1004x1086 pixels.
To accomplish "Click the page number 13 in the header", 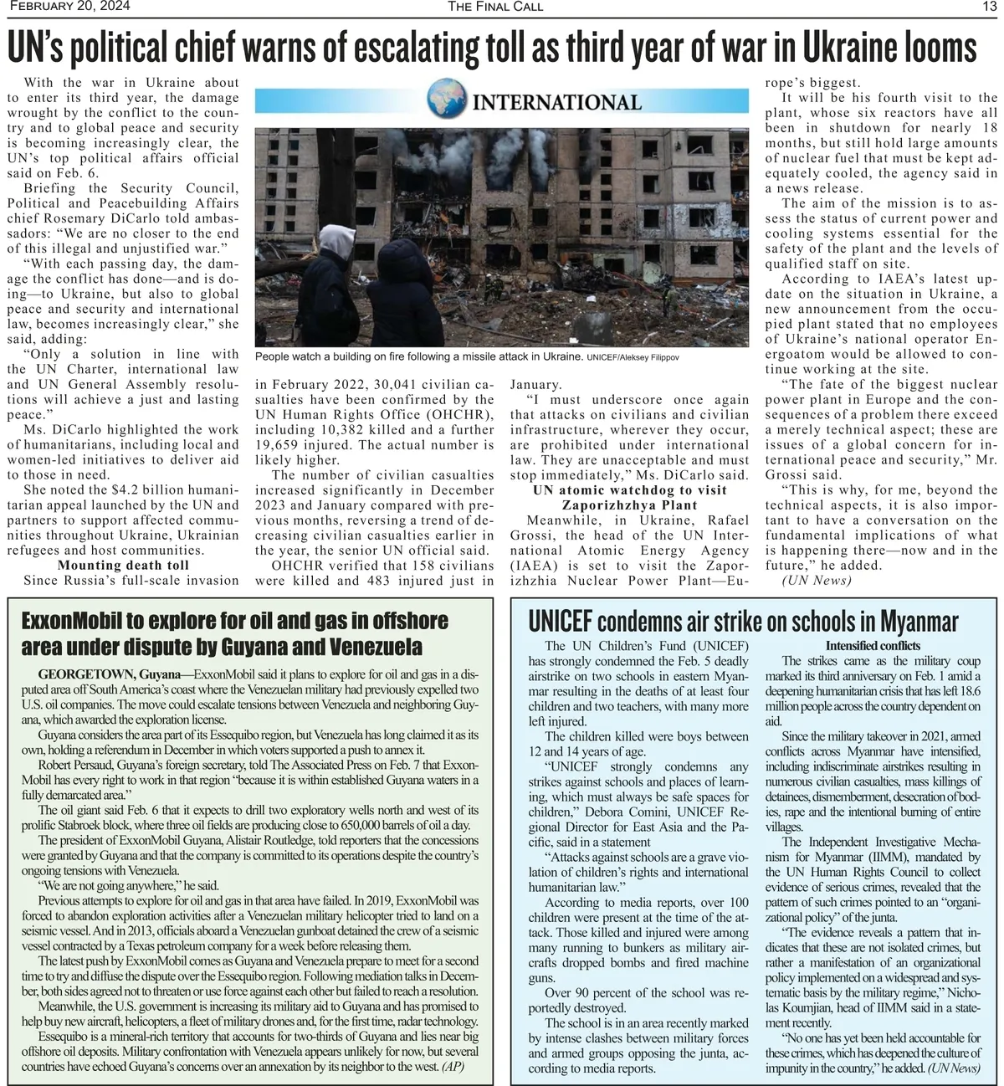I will [x=989, y=7].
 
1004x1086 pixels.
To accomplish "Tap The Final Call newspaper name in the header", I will [x=495, y=7].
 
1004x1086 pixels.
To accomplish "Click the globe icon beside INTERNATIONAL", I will [x=447, y=97].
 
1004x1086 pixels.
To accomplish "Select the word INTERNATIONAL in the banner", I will [x=556, y=102].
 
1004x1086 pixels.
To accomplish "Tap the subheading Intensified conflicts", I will [x=873, y=646].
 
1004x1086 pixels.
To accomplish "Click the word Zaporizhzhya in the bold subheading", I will [x=629, y=505].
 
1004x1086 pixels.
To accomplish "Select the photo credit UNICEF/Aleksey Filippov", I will [x=633, y=357].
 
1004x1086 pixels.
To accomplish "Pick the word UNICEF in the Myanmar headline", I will [x=560, y=622].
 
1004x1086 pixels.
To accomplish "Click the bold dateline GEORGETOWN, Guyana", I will [x=110, y=674].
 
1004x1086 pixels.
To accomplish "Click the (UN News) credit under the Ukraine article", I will [x=816, y=581].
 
